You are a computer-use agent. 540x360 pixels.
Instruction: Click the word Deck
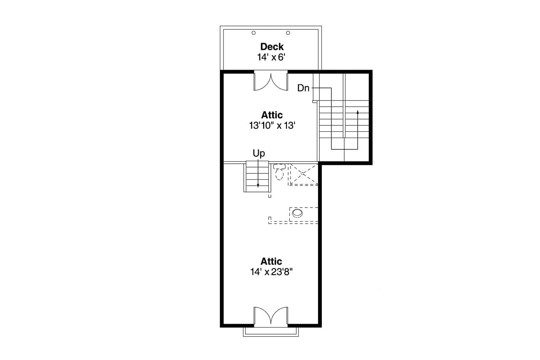tap(272, 47)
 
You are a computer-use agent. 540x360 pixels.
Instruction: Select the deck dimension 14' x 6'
tap(272, 57)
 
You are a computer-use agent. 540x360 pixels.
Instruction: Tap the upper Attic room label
tap(272, 115)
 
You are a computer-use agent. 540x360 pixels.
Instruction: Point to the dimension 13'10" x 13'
tap(272, 125)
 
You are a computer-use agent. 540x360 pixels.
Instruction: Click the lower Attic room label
tap(271, 261)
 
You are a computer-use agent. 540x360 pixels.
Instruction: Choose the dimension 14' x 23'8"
tap(271, 272)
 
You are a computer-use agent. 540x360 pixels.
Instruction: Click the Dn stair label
tap(303, 88)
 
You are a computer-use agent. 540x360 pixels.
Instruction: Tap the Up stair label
tap(259, 153)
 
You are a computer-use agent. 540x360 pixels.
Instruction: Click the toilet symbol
tap(278, 172)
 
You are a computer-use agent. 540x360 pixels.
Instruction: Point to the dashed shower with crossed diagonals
tap(303, 174)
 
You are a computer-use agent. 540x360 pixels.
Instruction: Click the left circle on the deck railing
tap(254, 33)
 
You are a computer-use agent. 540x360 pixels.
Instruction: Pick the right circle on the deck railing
tap(288, 33)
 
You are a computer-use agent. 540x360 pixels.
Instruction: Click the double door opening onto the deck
tap(271, 81)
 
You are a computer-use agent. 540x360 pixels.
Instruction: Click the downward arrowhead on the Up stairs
tap(258, 185)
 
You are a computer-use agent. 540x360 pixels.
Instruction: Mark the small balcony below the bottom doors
tap(271, 331)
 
